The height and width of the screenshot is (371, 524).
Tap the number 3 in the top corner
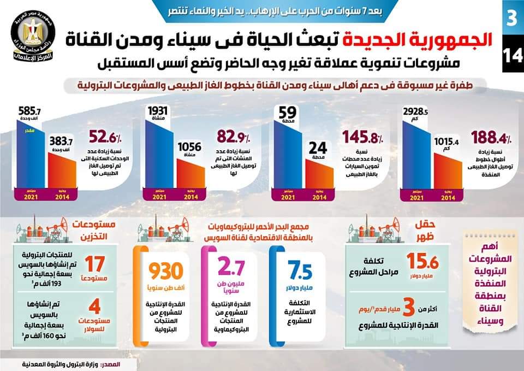point(511,18)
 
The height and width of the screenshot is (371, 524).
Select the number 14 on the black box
point(511,56)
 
